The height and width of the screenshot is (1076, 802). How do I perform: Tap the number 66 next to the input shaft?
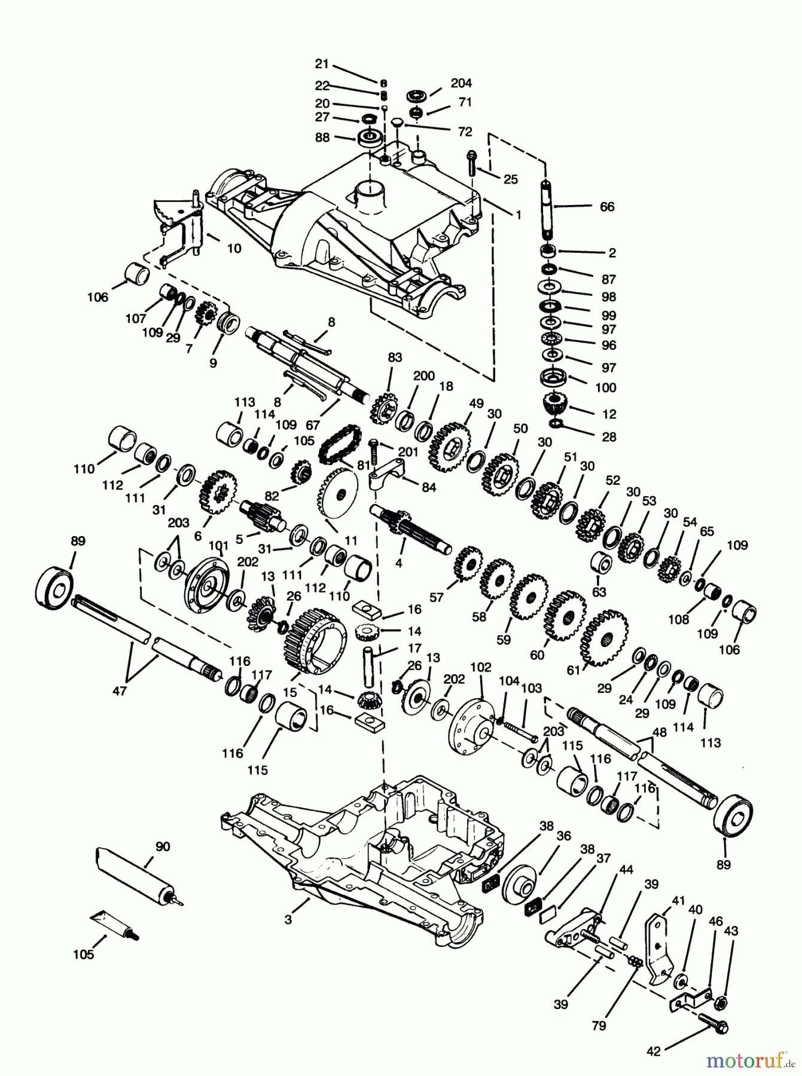(x=607, y=207)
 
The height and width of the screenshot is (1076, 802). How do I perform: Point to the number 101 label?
(x=218, y=545)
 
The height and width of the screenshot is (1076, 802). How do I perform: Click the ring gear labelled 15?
(x=316, y=642)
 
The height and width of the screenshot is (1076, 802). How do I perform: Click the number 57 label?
(x=437, y=597)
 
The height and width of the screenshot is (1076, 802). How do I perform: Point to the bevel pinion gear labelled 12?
(x=556, y=406)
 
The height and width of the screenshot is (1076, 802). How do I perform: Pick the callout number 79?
(x=599, y=1026)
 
